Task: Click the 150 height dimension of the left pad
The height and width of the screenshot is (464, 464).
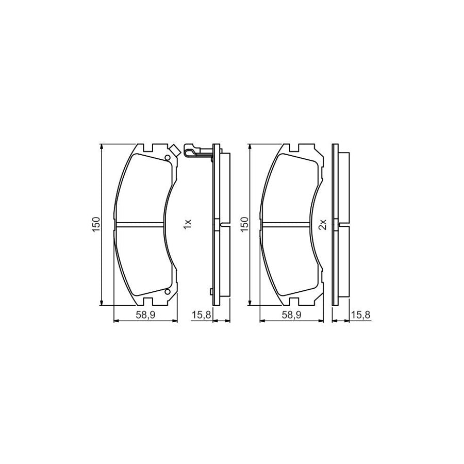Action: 96,224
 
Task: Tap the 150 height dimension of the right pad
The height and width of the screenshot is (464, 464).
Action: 245,224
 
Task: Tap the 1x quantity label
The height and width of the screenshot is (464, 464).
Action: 187,224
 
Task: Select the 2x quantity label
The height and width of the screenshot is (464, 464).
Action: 323,224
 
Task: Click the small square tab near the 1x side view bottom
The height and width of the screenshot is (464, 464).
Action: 212,291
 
